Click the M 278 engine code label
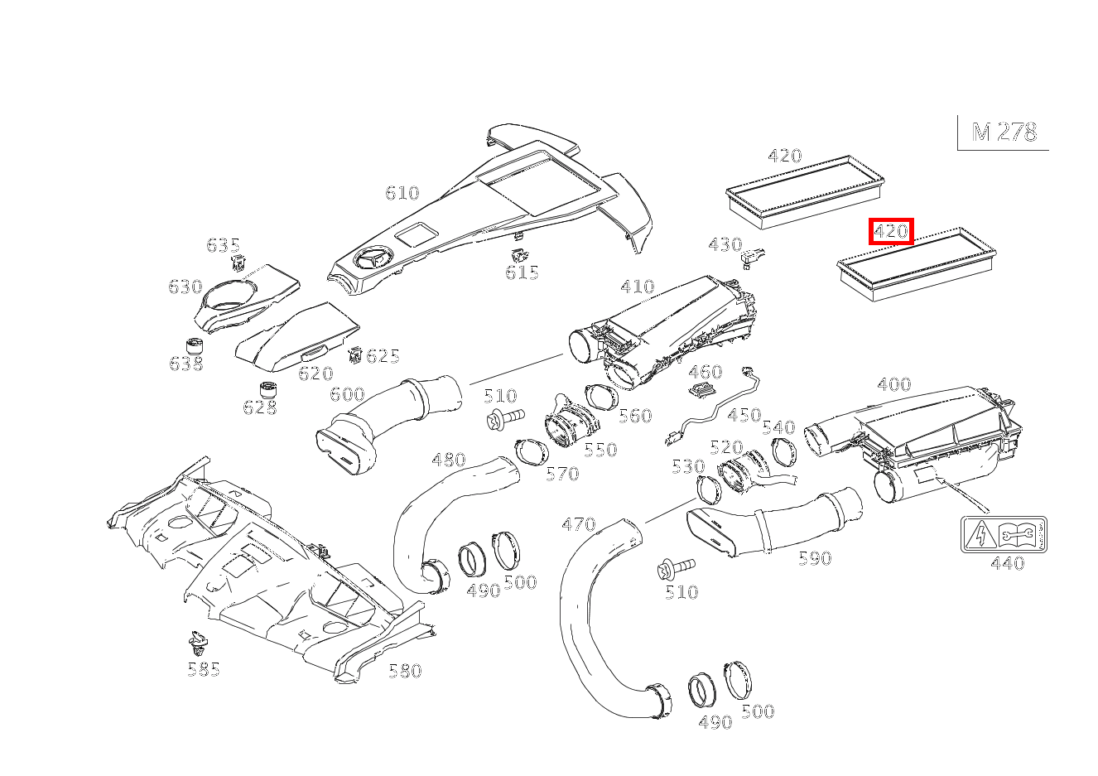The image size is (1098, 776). point(1004,133)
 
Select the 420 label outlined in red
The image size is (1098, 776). point(891,232)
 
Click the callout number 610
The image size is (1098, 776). point(402,193)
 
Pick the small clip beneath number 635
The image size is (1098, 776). point(238,264)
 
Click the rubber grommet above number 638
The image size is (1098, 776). point(195,347)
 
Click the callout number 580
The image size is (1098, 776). point(405,671)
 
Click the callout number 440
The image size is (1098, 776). point(1007,564)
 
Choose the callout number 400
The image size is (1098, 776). point(893,384)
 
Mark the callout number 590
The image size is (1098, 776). point(815,559)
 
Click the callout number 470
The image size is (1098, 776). point(578,524)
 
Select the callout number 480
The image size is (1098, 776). point(449,460)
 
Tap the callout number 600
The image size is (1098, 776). point(347,394)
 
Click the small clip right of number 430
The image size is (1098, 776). point(752,258)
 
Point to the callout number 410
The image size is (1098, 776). point(638,287)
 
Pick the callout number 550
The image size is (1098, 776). point(600,450)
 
